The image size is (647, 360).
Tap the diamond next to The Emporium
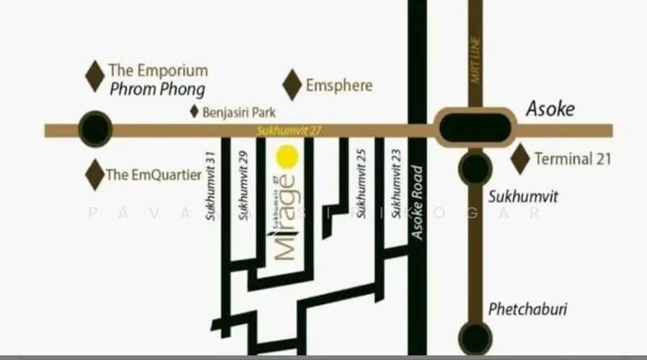click(95, 75)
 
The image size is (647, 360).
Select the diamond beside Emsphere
click(292, 85)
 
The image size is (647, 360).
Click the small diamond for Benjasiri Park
click(194, 112)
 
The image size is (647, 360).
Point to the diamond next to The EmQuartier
click(95, 174)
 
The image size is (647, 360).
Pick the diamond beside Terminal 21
click(521, 159)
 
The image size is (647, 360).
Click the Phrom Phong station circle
click(95, 128)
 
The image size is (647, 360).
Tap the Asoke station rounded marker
click(476, 128)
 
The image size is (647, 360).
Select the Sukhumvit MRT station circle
click(475, 169)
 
